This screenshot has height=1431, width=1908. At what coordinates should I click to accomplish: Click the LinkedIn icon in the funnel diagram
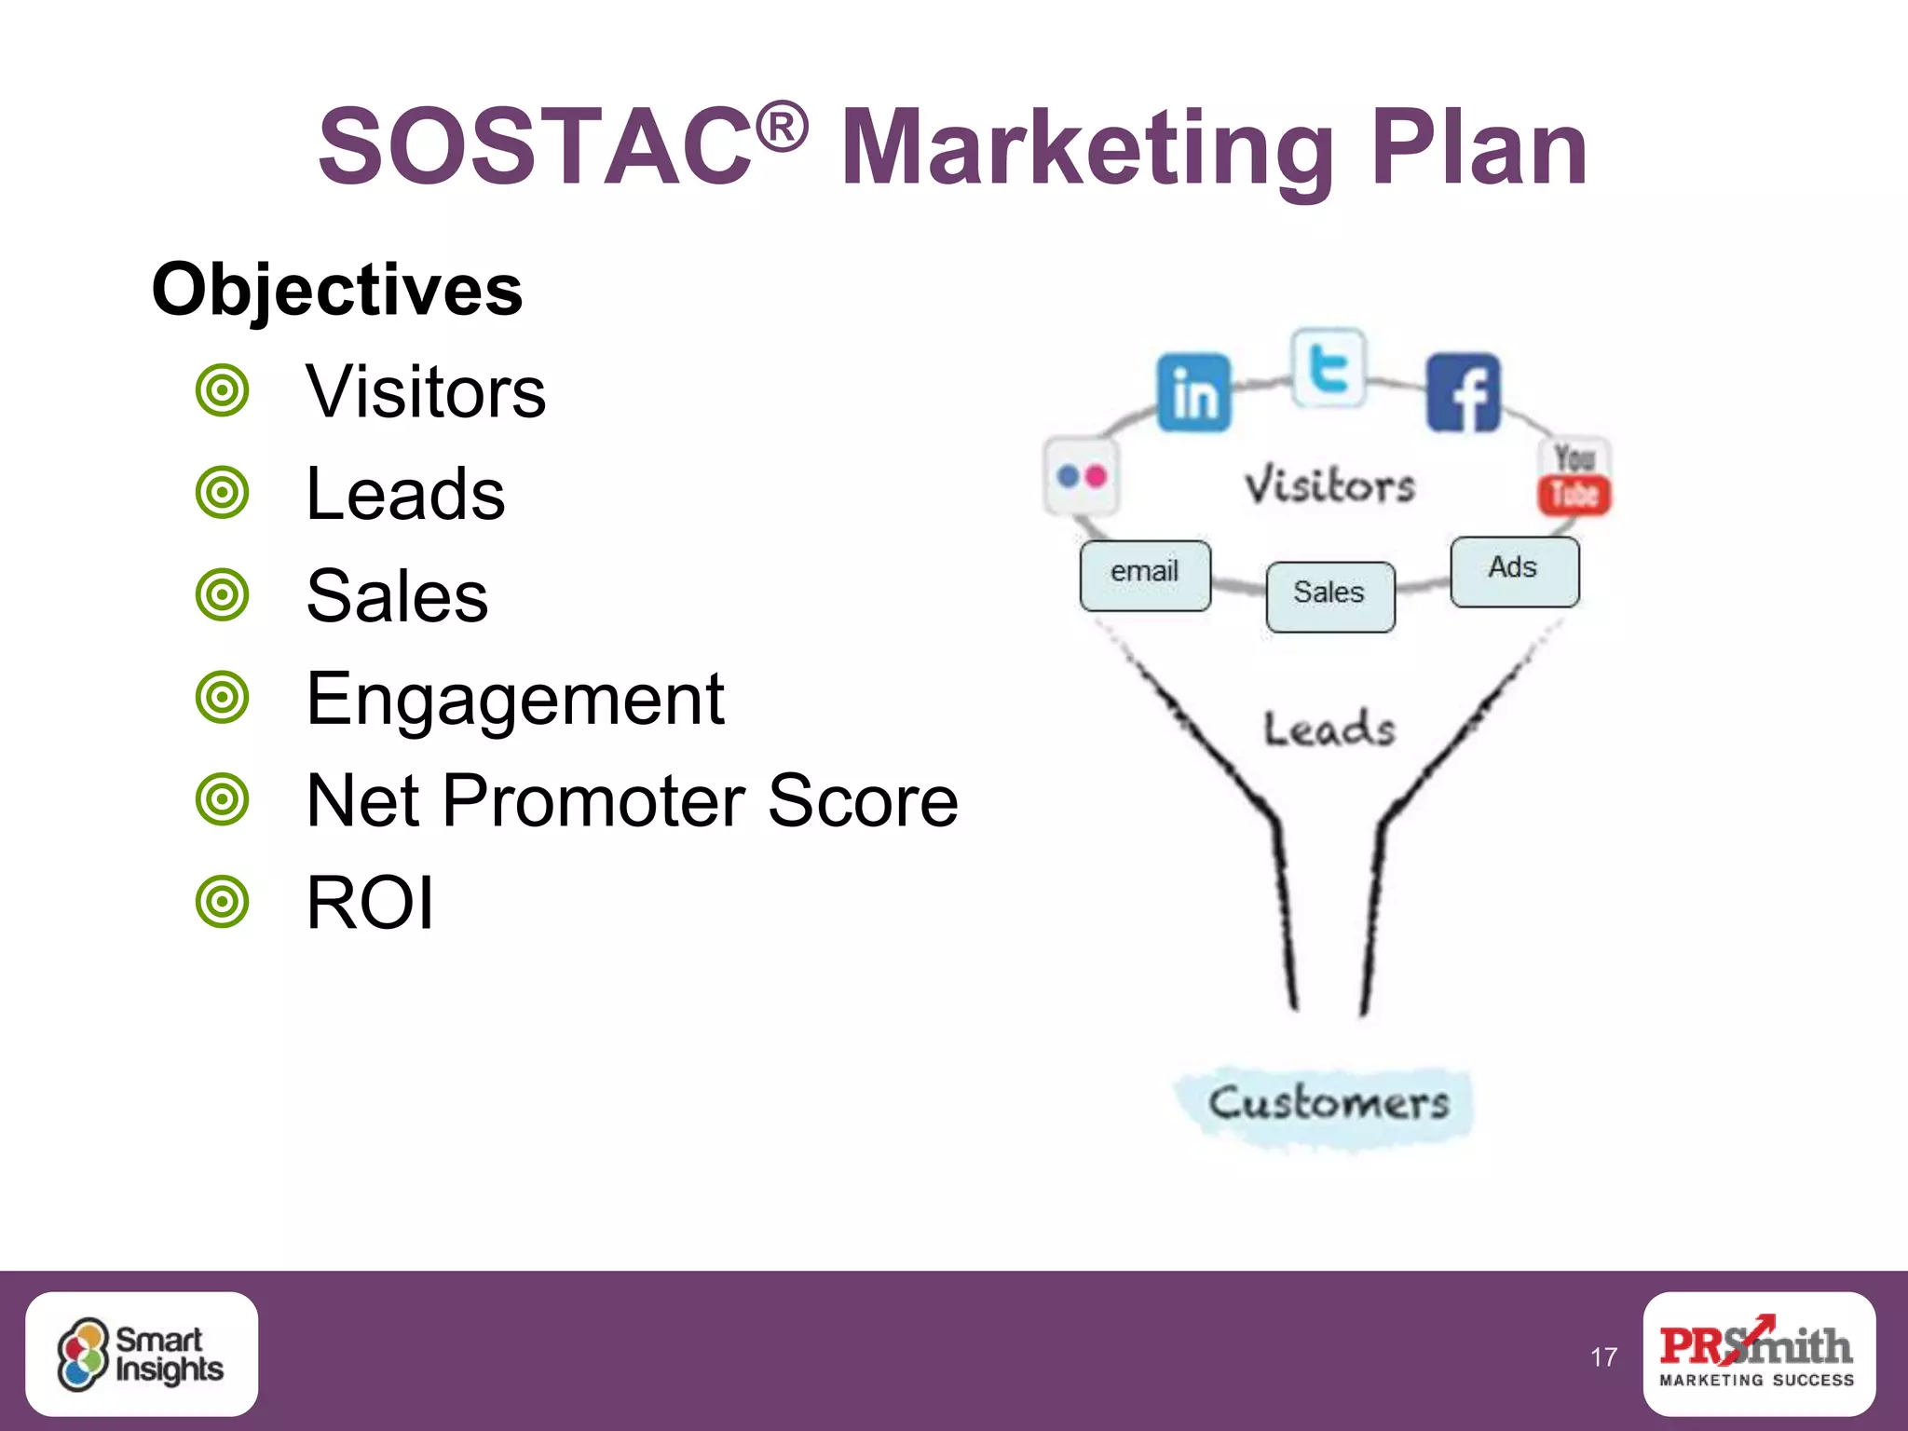[1193, 392]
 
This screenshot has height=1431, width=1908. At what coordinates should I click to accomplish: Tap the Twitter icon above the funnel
[1329, 368]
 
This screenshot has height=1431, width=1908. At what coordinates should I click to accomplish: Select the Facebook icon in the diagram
[1463, 392]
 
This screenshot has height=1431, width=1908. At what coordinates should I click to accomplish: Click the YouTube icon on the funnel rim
[1574, 476]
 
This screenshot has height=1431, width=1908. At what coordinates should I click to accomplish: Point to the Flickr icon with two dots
[1082, 476]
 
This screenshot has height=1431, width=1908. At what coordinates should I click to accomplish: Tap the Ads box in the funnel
[1514, 571]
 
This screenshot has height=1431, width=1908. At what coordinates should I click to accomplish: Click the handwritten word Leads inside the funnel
[1329, 729]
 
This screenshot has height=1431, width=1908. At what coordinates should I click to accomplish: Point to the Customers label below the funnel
[1328, 1105]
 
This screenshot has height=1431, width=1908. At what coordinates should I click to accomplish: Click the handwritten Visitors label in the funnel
[1329, 485]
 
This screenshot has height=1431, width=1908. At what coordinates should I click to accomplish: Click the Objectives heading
[337, 290]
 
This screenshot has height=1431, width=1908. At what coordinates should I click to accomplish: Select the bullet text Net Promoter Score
[632, 800]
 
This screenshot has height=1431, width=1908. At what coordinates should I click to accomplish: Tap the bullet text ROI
[370, 903]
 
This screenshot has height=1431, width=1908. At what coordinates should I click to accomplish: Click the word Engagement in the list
[515, 699]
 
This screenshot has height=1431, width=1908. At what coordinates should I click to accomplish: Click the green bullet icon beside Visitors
[223, 390]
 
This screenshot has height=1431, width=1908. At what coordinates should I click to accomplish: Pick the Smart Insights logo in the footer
[142, 1354]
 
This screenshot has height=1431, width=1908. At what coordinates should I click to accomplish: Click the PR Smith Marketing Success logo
[1758, 1353]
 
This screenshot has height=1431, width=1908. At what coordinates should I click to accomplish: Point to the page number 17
[1603, 1357]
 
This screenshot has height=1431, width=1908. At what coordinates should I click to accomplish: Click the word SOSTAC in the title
[536, 147]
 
